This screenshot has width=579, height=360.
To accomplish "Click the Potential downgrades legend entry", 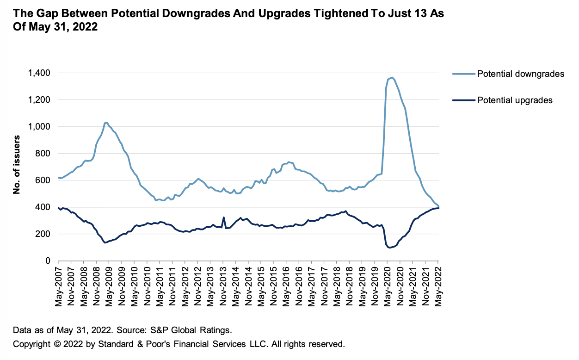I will (x=520, y=74).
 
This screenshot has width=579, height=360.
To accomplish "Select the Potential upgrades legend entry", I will (x=515, y=100).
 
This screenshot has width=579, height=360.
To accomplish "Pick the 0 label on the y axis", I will (x=48, y=261).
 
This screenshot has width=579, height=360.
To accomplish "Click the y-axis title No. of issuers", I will (x=17, y=165).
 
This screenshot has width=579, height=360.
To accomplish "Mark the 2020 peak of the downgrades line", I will (x=392, y=77).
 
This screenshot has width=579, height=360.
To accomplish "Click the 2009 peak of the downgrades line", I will (x=106, y=123).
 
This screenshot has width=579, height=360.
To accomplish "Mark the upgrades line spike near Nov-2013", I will (x=224, y=217).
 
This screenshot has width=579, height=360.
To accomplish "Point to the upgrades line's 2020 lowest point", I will (x=389, y=248).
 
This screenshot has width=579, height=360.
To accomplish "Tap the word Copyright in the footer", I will (x=31, y=344).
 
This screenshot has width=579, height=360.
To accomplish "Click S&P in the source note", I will (x=156, y=330).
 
